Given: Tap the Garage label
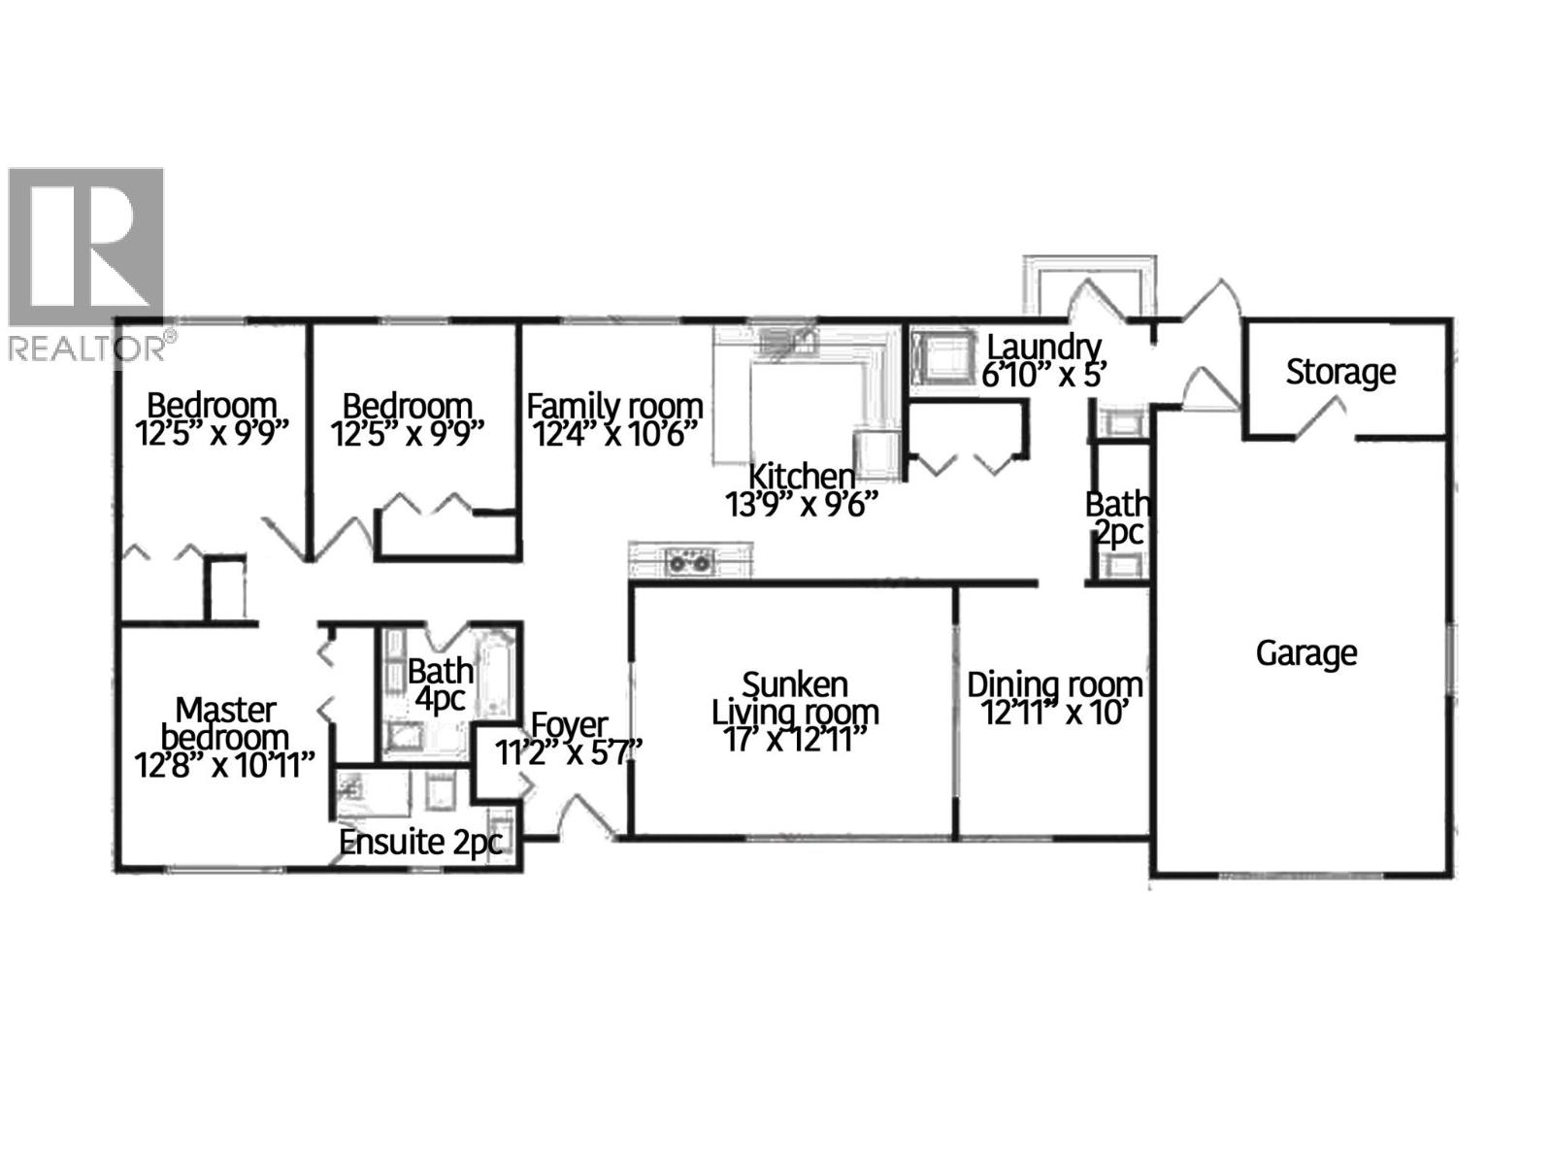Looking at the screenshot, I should (x=1305, y=653).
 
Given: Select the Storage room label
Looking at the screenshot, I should (x=1340, y=372).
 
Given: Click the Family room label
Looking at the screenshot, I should (x=614, y=406).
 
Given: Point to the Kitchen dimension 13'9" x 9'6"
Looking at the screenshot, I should (x=801, y=505).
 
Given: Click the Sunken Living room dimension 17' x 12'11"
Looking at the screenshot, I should (x=794, y=740).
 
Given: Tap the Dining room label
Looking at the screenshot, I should (x=1054, y=685).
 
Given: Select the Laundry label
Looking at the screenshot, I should (x=1043, y=347).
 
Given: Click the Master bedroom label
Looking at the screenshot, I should (x=225, y=723).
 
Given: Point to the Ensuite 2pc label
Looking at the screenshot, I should (x=419, y=843).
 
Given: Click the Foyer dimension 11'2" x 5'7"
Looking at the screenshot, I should (x=569, y=752).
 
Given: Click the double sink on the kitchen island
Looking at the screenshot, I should (x=690, y=561).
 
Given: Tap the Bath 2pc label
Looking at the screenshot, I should (x=1117, y=517).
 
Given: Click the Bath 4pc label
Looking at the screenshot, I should (x=440, y=684).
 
